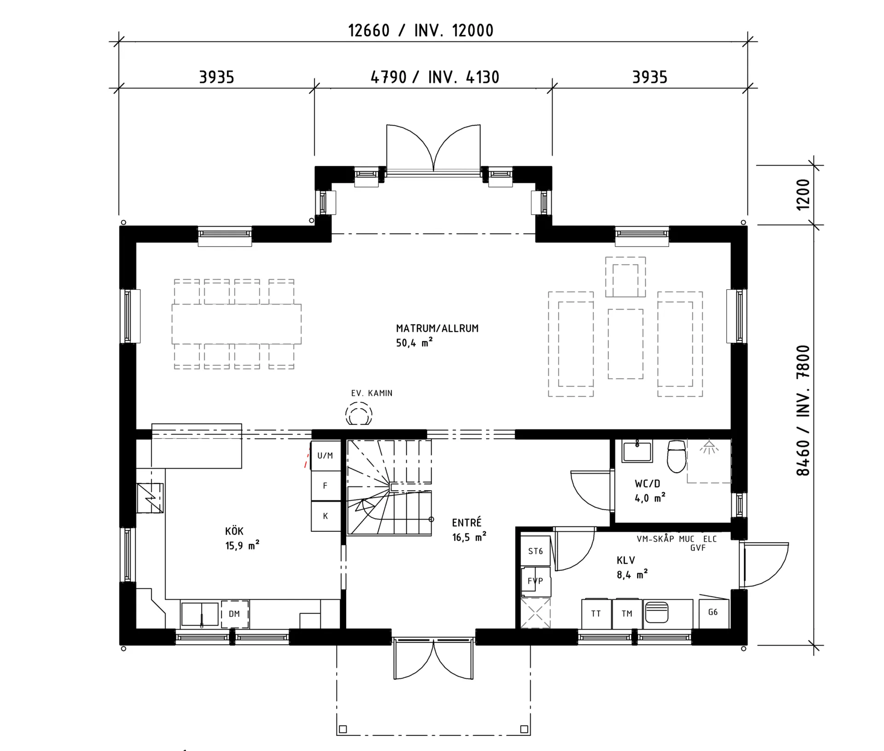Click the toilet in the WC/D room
pyautogui.click(x=676, y=456)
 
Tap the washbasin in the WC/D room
pyautogui.click(x=637, y=451)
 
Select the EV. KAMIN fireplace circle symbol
pyautogui.click(x=359, y=414)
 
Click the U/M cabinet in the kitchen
pyautogui.click(x=325, y=456)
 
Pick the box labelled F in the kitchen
pyautogui.click(x=325, y=486)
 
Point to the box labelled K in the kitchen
pyautogui.click(x=325, y=516)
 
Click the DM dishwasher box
pyautogui.click(x=235, y=614)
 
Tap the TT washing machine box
pyautogui.click(x=596, y=614)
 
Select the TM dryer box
pyautogui.click(x=627, y=614)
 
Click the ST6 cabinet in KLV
pyautogui.click(x=535, y=551)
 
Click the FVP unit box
pyautogui.click(x=535, y=581)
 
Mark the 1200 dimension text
pyautogui.click(x=803, y=194)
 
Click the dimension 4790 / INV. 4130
pyautogui.click(x=435, y=77)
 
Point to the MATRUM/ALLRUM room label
pyautogui.click(x=437, y=329)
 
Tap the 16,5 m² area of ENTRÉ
pyautogui.click(x=469, y=537)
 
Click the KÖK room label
pyautogui.click(x=234, y=531)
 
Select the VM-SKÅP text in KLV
pyautogui.click(x=655, y=539)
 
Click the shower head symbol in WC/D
pyautogui.click(x=709, y=447)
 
